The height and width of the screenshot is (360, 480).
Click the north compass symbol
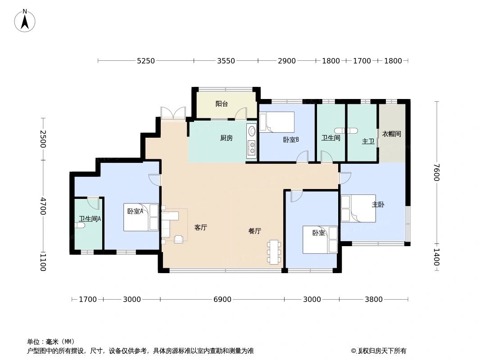pos(25,20)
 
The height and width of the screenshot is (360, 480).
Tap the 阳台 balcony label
pos(222,104)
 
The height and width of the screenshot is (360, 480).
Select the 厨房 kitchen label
pos(226,138)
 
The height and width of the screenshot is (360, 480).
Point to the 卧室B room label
pos(291,139)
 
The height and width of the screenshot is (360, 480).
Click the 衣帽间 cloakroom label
pos(392,134)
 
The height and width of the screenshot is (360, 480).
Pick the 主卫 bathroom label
pos(368,141)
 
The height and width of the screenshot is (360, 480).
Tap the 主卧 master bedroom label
pos(378,204)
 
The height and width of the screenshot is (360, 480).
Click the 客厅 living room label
pos(201,227)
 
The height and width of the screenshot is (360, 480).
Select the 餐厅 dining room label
pos(255,231)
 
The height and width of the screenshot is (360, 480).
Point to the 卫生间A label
pos(90,219)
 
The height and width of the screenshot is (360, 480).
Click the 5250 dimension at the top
pos(146,61)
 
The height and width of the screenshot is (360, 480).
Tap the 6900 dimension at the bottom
pos(222,299)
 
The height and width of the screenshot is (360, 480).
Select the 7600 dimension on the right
pos(436,172)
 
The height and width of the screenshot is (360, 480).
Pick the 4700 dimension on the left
pos(43,206)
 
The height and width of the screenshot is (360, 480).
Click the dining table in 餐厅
pos(273,252)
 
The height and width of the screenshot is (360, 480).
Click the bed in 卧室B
pos(277,122)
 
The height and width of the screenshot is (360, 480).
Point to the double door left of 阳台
pos(173,113)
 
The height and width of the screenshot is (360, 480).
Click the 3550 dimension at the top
pos(226,61)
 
